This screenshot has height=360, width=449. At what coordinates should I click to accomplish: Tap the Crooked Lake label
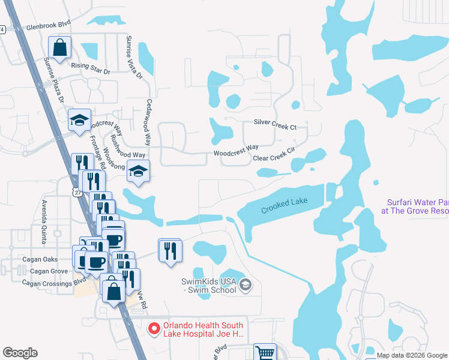pos(284,206)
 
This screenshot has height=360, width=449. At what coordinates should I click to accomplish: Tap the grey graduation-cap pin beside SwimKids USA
pos(244,285)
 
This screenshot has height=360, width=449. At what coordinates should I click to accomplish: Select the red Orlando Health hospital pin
pos(154,328)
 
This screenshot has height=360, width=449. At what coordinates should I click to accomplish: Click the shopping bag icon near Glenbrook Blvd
pos(60,47)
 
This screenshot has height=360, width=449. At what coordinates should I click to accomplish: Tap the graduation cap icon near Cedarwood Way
pos(138,170)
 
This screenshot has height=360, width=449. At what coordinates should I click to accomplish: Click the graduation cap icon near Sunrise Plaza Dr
pos(79,120)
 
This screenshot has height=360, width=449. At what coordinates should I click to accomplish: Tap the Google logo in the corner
pos(20,353)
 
